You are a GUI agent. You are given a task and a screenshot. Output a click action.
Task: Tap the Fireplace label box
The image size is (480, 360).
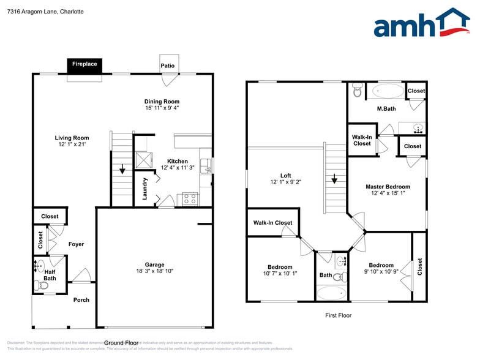(x=84, y=64)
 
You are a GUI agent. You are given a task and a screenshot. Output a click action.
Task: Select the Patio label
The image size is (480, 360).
(x=167, y=66)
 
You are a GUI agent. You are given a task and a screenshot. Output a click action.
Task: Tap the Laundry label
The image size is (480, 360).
(x=145, y=188)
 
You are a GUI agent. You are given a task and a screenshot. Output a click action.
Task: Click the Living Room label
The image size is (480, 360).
(x=72, y=138)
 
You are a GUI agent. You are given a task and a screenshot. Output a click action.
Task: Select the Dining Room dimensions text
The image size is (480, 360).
(x=162, y=108)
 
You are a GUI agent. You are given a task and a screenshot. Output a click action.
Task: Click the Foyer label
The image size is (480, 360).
(x=77, y=244)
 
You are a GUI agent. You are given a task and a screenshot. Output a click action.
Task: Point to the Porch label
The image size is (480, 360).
(x=81, y=300)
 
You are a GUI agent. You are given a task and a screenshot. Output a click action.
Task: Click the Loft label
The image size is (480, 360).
(x=285, y=176)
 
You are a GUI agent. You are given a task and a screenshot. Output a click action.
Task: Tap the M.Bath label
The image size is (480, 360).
(x=385, y=109)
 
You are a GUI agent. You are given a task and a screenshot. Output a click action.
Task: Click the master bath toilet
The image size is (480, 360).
(x=358, y=92)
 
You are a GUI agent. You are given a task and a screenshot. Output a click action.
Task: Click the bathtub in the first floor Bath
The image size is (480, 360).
(x=331, y=293)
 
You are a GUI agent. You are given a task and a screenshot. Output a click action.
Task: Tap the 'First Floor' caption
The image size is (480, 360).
(x=338, y=315)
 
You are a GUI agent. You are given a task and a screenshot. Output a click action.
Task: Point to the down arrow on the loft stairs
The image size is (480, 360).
(x=334, y=180)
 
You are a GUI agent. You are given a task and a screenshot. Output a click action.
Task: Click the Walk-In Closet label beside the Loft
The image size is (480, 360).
(x=272, y=223)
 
